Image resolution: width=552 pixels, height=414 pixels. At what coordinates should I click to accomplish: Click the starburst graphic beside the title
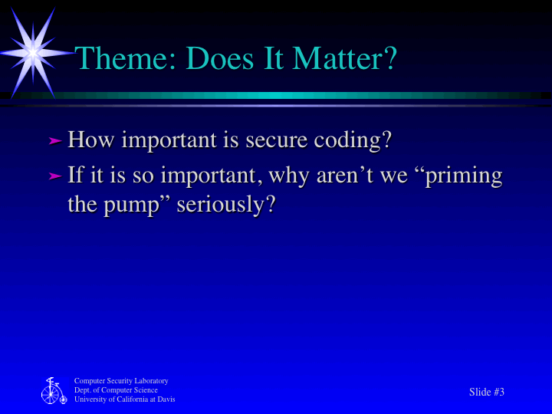[x=33, y=51]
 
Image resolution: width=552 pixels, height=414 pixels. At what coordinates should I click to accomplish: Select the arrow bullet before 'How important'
[x=54, y=141]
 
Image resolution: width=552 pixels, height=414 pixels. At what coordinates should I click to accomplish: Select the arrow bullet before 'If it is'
[x=54, y=176]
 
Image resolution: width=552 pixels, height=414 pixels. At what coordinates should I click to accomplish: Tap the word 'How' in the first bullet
[x=92, y=140]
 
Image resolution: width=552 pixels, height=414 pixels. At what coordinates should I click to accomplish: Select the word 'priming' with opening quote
[x=458, y=176]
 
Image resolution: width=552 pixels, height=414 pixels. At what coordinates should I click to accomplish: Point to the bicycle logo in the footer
[x=53, y=391]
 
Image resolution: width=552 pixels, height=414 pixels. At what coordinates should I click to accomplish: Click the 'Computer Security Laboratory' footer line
[x=121, y=381]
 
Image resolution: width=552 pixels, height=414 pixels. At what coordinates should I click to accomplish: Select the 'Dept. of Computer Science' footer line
[x=116, y=390]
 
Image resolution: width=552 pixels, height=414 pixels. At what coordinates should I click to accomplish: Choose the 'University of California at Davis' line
[x=124, y=399]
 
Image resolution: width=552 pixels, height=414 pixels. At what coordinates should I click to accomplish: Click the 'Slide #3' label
[x=487, y=392]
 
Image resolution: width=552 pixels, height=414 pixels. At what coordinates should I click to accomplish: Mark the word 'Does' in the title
[x=222, y=59]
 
